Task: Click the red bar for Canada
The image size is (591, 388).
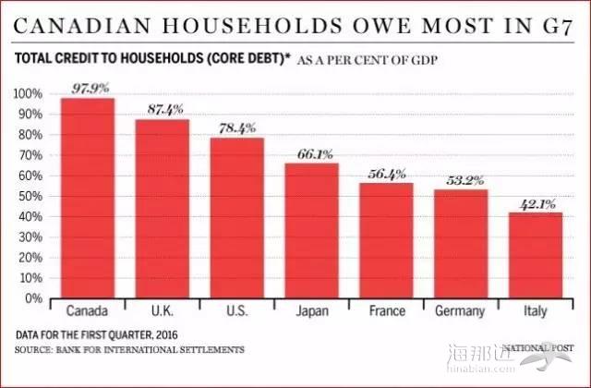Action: (x=88, y=198)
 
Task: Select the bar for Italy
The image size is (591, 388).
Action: (x=535, y=255)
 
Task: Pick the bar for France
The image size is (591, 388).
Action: (x=386, y=240)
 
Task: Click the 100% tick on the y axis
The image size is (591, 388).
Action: (x=29, y=94)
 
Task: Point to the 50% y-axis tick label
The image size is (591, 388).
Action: (x=31, y=197)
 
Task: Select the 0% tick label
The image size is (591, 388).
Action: (x=35, y=298)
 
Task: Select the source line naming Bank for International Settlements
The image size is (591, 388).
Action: (x=130, y=350)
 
